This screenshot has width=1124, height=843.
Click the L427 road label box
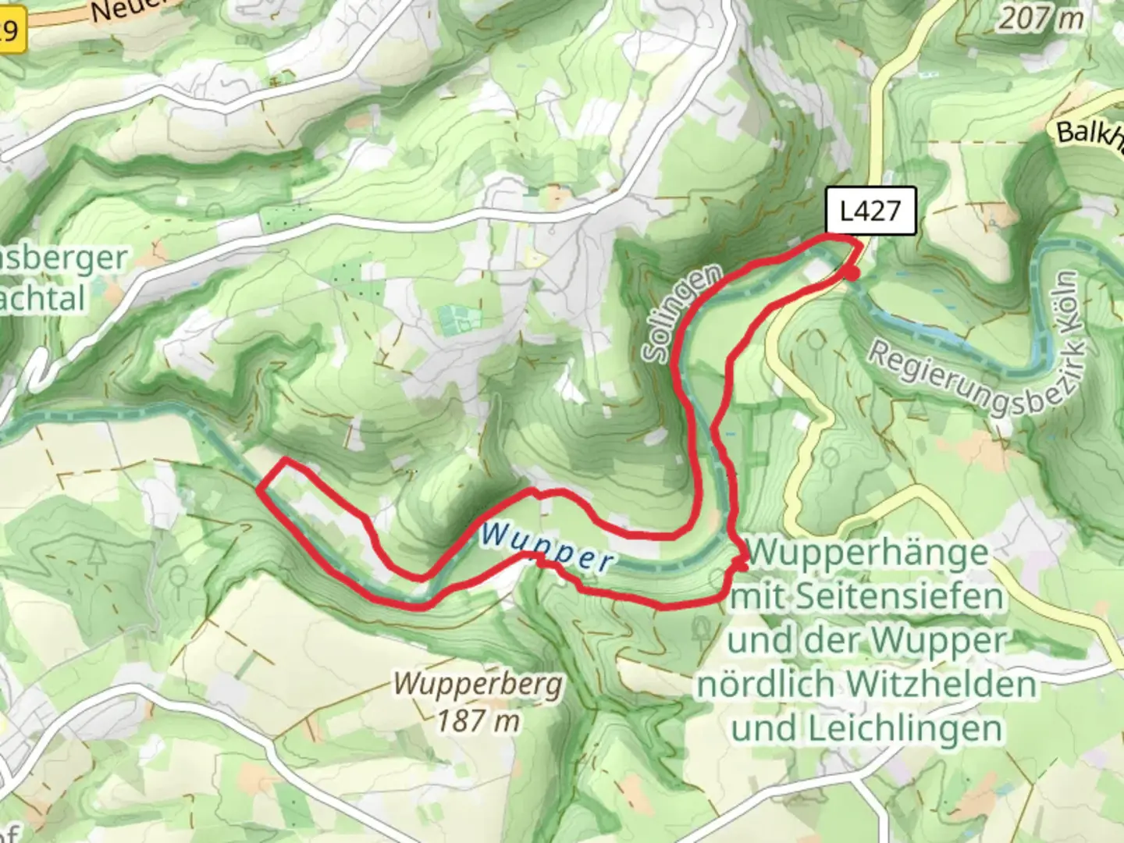tap(870, 212)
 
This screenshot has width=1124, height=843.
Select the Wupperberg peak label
tap(478, 685)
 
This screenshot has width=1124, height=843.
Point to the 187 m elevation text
tap(478, 720)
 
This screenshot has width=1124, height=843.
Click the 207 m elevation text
tap(1040, 17)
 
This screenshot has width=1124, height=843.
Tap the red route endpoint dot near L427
tap(853, 273)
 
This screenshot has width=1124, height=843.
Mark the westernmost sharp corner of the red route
tap(259, 488)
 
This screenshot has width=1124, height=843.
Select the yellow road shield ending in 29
tap(11, 31)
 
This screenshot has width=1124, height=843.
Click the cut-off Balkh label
tap(1089, 131)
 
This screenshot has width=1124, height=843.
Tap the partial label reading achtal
tap(43, 298)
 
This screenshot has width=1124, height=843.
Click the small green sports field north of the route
tap(454, 318)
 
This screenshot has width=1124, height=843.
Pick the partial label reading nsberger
tap(62, 258)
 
